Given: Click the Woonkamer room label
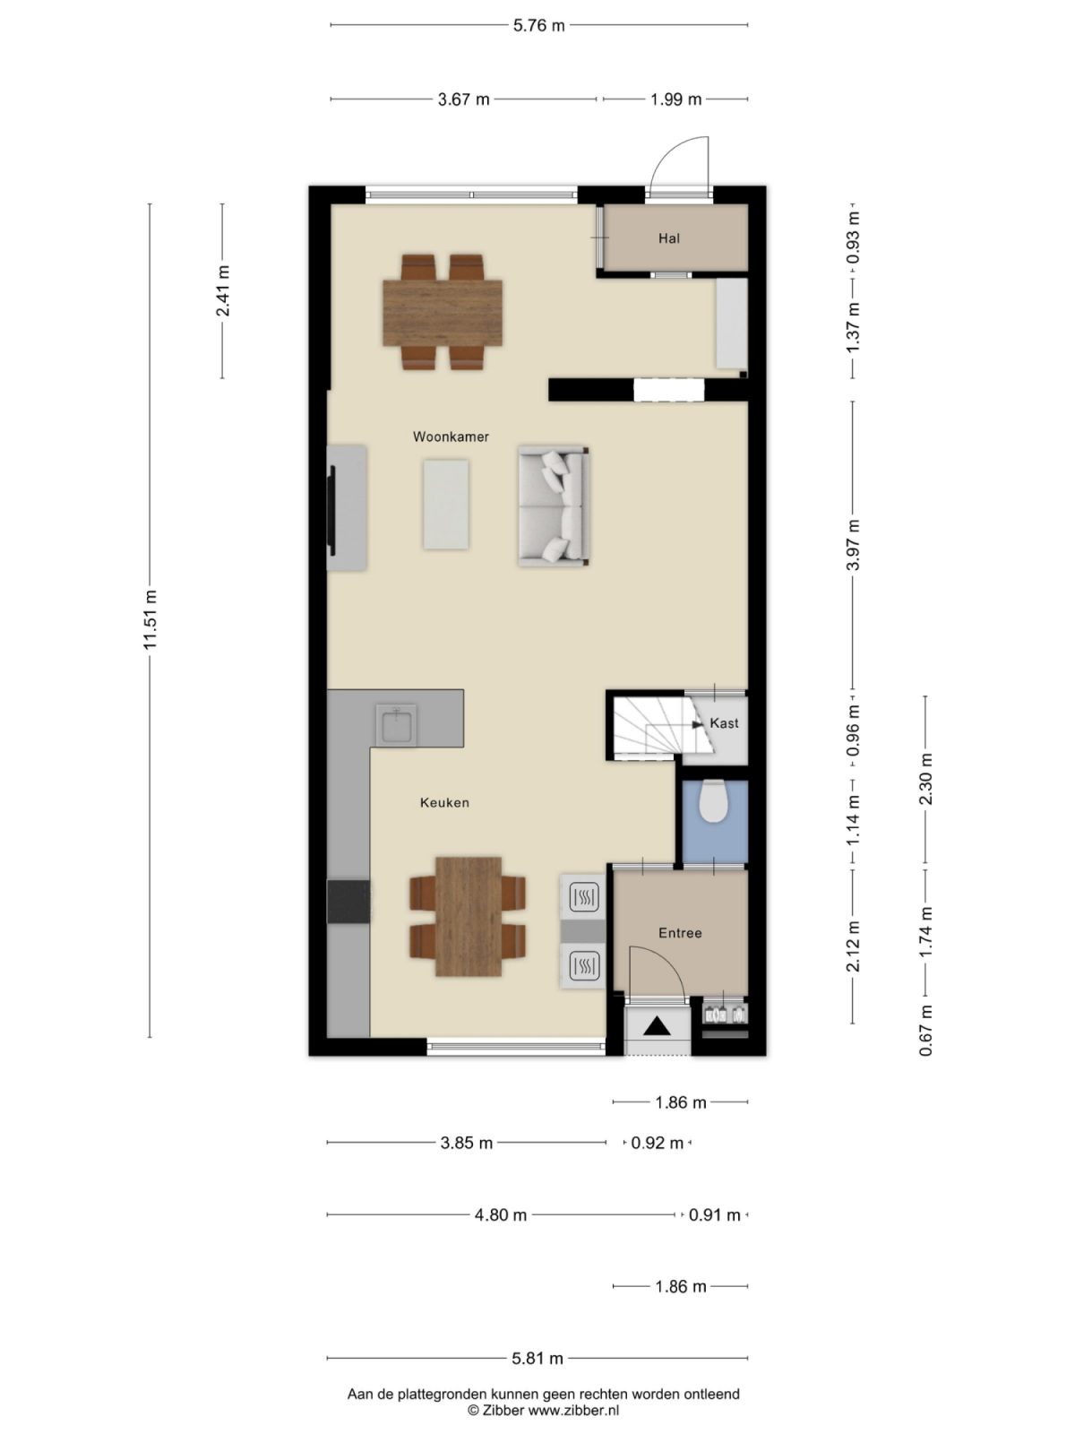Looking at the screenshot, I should (x=451, y=437).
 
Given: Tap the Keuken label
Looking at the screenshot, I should (x=444, y=803).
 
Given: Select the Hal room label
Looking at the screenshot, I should (x=668, y=238).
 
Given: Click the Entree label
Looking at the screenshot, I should (x=680, y=933).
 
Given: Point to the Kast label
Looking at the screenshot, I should (x=724, y=723).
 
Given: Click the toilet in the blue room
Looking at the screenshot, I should (x=714, y=801).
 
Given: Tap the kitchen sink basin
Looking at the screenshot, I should (x=395, y=724).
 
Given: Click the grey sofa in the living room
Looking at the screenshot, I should (x=552, y=507).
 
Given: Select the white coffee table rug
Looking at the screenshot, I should (x=446, y=504).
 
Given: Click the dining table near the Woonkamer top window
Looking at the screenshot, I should (x=443, y=312).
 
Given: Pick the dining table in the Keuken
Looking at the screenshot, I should (x=469, y=916).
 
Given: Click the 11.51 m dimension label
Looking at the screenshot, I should (x=150, y=619).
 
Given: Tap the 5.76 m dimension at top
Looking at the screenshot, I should (x=538, y=25).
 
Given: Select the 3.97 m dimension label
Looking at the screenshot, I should (x=853, y=545).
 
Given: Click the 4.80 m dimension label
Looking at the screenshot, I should (x=500, y=1215).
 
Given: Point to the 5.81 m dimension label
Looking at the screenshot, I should (x=537, y=1359).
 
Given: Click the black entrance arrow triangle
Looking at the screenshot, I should (x=658, y=1026).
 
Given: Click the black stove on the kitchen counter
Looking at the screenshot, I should (x=348, y=902).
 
